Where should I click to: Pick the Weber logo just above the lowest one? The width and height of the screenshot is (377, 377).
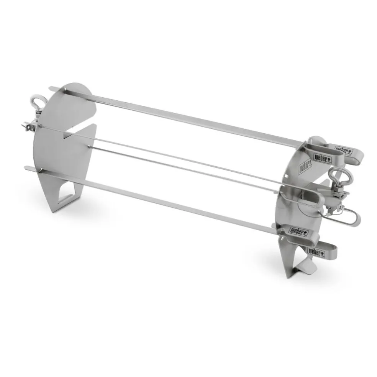298,231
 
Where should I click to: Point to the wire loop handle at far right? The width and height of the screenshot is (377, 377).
347,218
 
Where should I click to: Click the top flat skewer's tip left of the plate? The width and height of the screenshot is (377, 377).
53,89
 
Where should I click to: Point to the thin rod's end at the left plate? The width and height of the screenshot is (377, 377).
89,146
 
